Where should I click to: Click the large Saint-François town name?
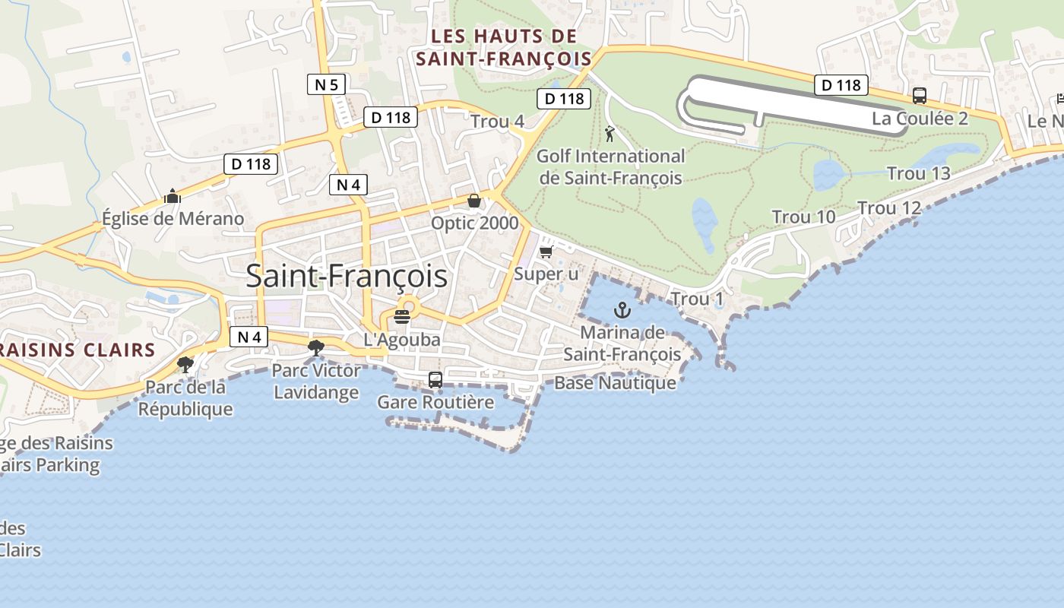coord(347,277)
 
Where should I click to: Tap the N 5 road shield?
coord(326,84)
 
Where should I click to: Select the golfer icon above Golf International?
coord(609,135)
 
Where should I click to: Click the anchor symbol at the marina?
coord(622,310)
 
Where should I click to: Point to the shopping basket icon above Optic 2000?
coord(474,201)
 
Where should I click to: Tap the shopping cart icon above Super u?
coord(546,252)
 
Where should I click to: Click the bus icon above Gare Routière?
coord(435,379)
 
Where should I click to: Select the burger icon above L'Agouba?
coord(402,317)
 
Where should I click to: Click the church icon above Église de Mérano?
coord(173,196)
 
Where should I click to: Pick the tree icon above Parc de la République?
coord(185,365)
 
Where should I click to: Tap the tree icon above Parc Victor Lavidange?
coord(315,348)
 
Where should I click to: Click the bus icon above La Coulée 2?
coord(920,96)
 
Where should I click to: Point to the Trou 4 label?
coord(497,122)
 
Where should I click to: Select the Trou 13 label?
coord(919,173)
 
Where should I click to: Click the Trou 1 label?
coord(698,299)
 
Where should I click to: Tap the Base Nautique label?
coord(615,383)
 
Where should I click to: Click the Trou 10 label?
coord(803,217)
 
